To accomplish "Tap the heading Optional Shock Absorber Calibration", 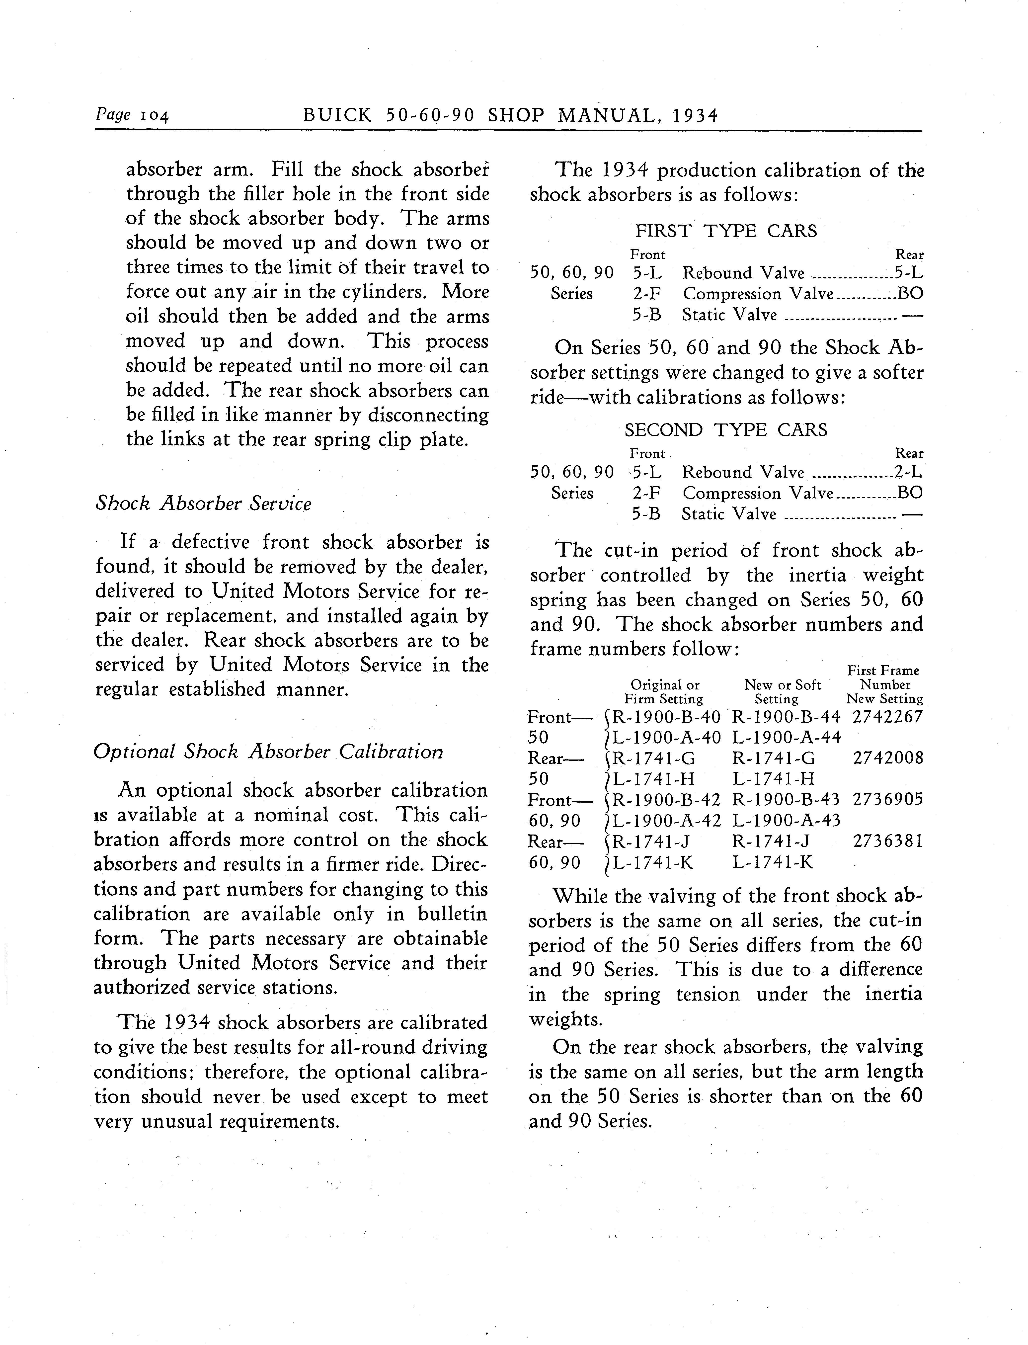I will pos(268,752).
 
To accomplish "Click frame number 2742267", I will pos(887,717).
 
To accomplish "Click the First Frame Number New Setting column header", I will pos(884,685).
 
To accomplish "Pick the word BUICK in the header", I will pos(337,116).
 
